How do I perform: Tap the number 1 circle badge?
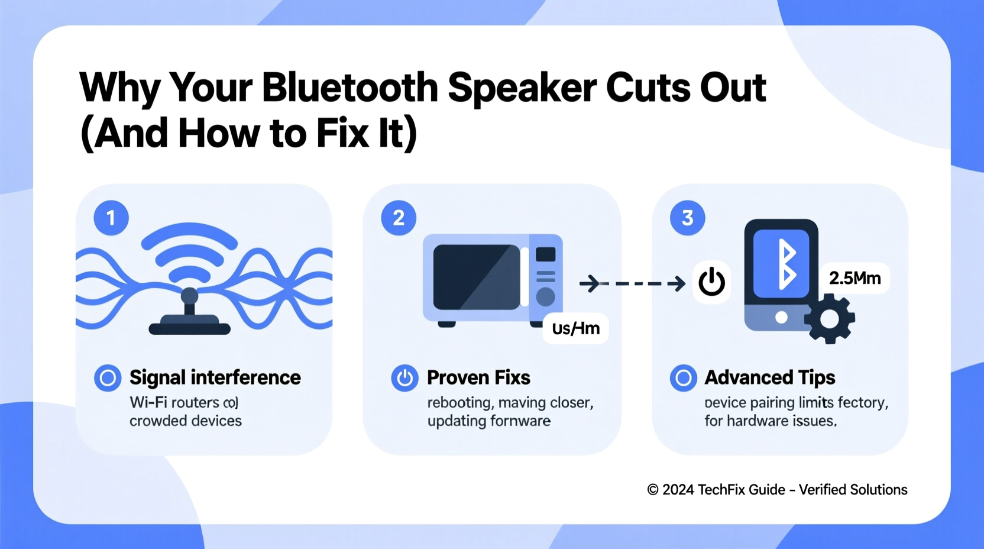pyautogui.click(x=111, y=218)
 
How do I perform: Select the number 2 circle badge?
pyautogui.click(x=399, y=218)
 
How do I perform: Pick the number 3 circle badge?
pyautogui.click(x=687, y=218)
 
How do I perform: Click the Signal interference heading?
pyautogui.click(x=215, y=377)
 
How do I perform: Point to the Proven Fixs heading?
pyautogui.click(x=478, y=377)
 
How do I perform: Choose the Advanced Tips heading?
pyautogui.click(x=769, y=377)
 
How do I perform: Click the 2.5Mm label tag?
pyautogui.click(x=854, y=278)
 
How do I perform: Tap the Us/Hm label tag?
pyautogui.click(x=575, y=328)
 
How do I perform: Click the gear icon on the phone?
pyautogui.click(x=830, y=319)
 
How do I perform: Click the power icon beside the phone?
pyautogui.click(x=711, y=282)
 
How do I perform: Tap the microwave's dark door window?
pyautogui.click(x=476, y=277)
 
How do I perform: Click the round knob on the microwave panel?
pyautogui.click(x=545, y=296)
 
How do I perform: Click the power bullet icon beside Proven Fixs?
pyautogui.click(x=405, y=377)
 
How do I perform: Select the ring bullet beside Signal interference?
pyautogui.click(x=108, y=377)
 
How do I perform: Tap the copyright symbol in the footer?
pyautogui.click(x=652, y=490)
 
